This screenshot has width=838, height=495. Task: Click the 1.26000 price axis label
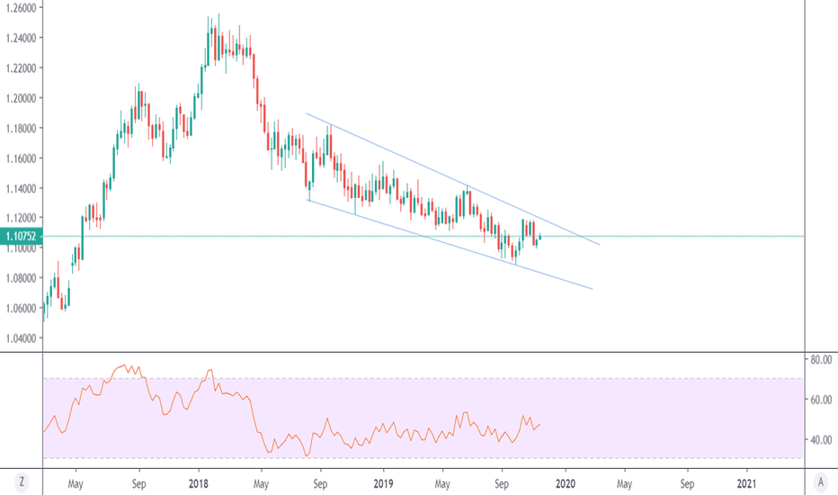[x=20, y=7]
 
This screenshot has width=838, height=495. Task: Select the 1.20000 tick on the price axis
[x=20, y=97]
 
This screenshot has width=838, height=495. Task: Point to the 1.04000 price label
[x=20, y=337]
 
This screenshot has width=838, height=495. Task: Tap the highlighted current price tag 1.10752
[x=20, y=236]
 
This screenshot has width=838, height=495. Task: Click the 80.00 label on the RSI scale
[x=819, y=359]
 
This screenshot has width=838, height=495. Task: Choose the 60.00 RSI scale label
[x=819, y=400]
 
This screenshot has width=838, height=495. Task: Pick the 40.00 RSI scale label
[x=819, y=440]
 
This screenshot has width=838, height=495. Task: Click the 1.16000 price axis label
[x=20, y=157]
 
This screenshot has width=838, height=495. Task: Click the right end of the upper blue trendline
[x=599, y=245]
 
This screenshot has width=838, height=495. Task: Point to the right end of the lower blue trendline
[x=593, y=289]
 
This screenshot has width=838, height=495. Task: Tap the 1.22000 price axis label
[x=20, y=67]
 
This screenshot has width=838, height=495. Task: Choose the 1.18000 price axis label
[x=20, y=128]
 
